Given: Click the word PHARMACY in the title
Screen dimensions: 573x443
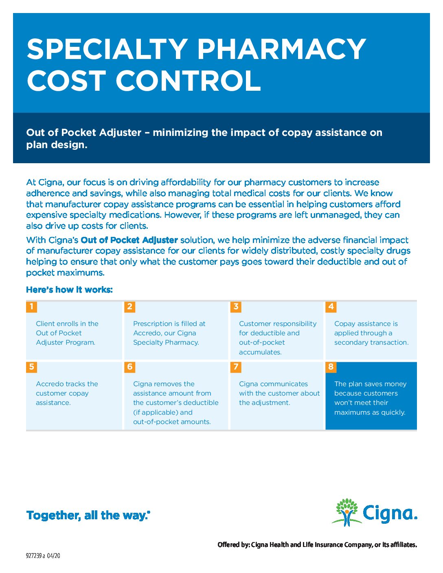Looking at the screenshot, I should pos(282,49).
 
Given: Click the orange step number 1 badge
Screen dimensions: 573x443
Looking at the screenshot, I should pos(31,306).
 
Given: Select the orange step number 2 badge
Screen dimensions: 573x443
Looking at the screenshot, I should pos(129,306).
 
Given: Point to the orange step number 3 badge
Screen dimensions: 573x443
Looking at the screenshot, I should pos(236,306).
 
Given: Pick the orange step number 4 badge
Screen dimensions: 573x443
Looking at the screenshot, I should pos(331,306).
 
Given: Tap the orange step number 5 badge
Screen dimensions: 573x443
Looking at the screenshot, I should pos(31,367).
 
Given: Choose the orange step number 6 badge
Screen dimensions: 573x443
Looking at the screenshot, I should pos(129,367).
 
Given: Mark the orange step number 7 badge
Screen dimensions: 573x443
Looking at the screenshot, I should pos(236,367).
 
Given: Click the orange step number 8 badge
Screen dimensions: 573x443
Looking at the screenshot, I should pos(331,367).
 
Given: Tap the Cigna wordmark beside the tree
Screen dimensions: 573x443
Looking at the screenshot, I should pos(390,514).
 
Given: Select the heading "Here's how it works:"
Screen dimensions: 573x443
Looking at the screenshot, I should pos(69,290).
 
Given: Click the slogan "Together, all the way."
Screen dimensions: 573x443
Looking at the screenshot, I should pos(88,515).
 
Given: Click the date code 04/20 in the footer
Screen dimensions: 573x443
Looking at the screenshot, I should pos(53,556).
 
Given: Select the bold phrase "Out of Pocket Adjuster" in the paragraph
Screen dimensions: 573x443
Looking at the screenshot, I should pos(129,240).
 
